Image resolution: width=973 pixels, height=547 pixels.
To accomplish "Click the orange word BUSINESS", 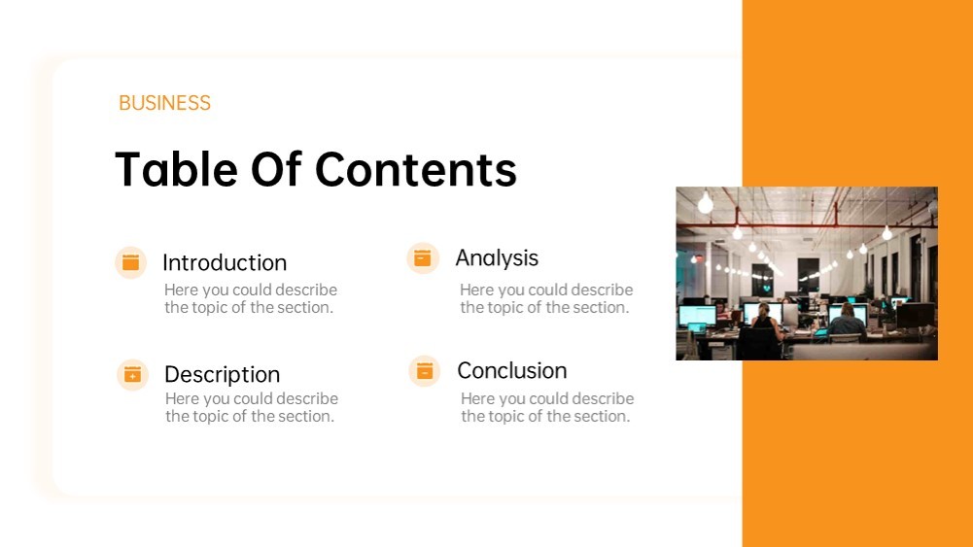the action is point(164,103).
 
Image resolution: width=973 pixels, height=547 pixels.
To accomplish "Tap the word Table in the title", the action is point(176,169).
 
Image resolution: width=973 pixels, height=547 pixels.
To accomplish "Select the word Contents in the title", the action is point(416,169).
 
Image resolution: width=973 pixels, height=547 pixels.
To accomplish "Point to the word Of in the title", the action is point(276,169).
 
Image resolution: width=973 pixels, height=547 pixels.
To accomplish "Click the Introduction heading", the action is point(225,263).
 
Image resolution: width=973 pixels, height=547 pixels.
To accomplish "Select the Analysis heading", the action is point(497,258).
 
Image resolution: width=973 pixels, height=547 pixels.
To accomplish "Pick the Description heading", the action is point(223,375).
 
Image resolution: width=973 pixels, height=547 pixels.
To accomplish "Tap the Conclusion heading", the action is point(512,371).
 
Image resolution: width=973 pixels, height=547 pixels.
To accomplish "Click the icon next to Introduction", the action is point(131,262).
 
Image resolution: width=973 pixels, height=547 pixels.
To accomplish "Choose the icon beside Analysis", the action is point(423,257).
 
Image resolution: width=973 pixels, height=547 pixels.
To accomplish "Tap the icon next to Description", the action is point(133,375).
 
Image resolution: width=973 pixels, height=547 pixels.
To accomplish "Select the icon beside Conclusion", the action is point(425,371).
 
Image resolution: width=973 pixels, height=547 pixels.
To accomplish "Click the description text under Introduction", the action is point(251,298).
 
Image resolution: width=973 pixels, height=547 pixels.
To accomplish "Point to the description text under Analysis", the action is point(546,298).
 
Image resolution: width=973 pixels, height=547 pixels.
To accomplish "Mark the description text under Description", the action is point(252,407).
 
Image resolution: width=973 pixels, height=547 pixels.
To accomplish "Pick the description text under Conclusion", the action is point(547,407).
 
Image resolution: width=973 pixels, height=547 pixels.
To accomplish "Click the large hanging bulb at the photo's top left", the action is point(706,203).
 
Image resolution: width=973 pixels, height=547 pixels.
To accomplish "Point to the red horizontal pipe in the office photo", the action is point(807,225).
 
